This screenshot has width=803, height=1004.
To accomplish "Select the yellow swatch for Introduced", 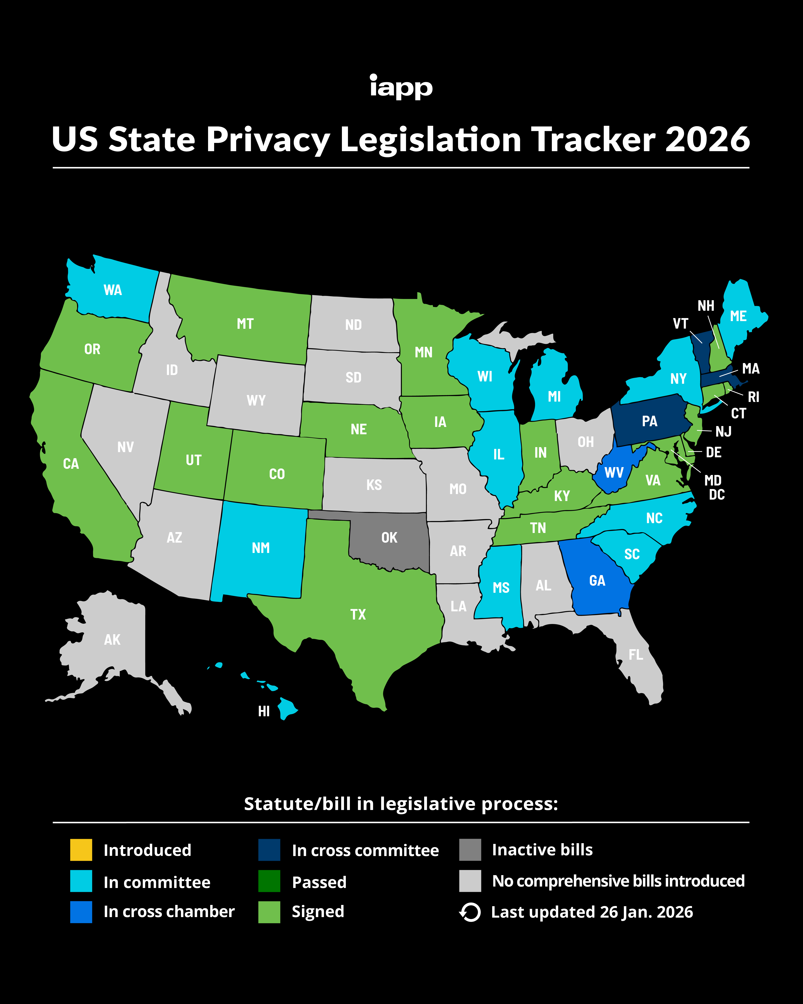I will (x=81, y=850).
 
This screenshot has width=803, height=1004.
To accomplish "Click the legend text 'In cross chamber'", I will (x=169, y=911).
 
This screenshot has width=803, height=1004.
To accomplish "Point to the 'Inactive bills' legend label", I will (x=542, y=850).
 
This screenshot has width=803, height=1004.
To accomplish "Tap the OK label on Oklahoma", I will (x=389, y=538).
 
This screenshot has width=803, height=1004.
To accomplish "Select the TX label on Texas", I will (x=358, y=614).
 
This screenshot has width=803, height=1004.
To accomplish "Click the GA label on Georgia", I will (x=597, y=581).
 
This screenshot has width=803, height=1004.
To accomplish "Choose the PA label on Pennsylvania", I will (x=649, y=421).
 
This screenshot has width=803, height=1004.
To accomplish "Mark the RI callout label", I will (x=753, y=397).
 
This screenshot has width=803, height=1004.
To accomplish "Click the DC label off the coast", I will (x=717, y=495).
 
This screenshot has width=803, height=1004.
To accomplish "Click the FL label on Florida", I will (x=636, y=655).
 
